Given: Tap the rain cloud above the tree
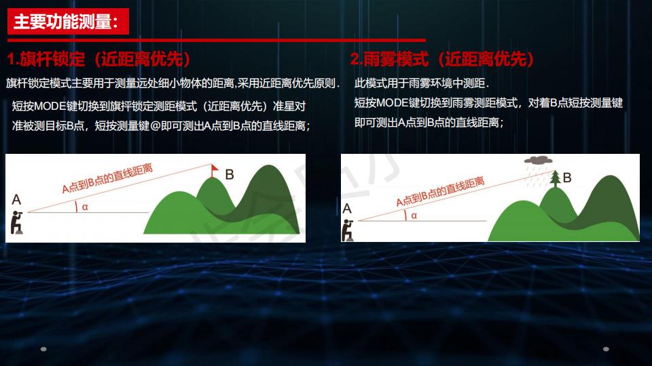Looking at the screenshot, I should (x=538, y=161).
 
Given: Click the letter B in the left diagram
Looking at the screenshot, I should (x=230, y=175).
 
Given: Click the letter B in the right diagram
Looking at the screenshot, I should (x=567, y=178).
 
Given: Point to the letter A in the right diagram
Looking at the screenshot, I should (x=347, y=209).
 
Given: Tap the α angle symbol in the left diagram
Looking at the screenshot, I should (x=85, y=207).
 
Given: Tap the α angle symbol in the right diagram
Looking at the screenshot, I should (x=414, y=215).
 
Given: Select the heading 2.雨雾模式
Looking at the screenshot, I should (x=390, y=59).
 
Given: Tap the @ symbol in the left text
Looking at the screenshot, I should (x=156, y=125).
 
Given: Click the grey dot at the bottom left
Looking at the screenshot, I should (x=43, y=350).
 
